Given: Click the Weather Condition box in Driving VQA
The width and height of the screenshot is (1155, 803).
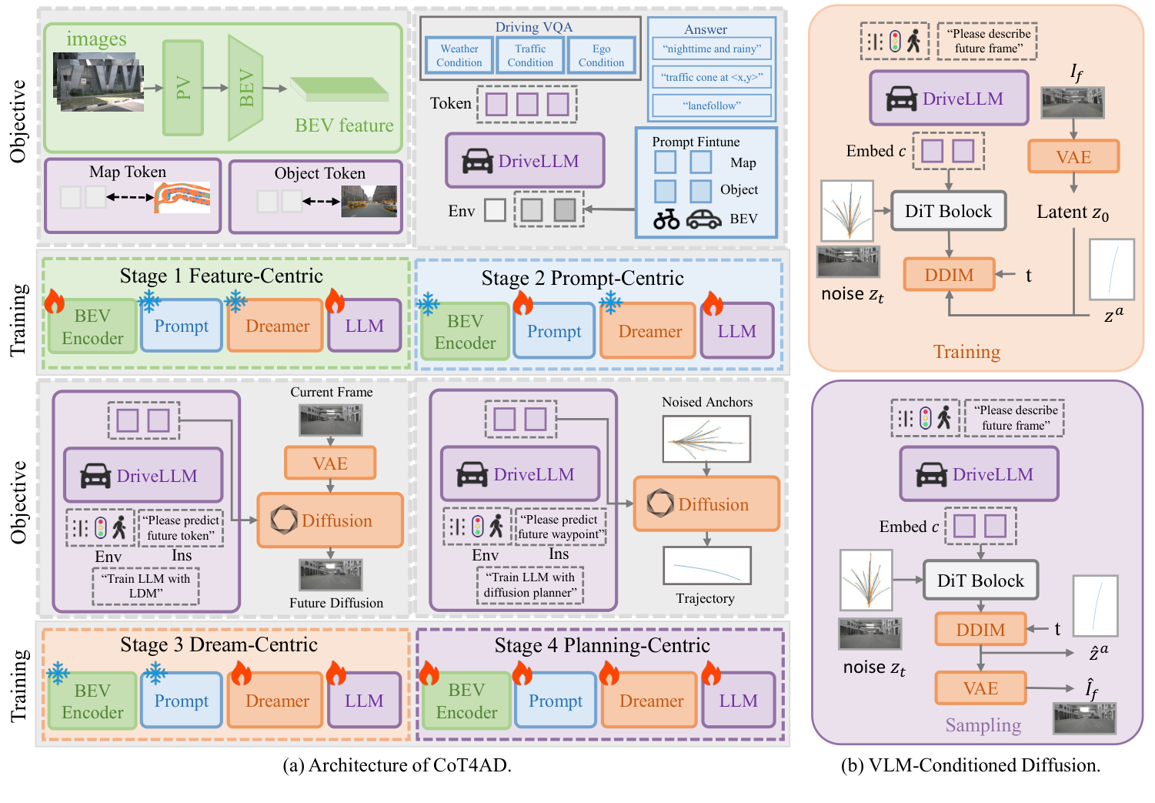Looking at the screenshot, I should click(459, 55).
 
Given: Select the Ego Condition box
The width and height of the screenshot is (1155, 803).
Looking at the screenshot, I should click(601, 55).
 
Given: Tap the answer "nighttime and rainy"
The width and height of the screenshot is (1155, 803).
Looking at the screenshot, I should click(711, 49).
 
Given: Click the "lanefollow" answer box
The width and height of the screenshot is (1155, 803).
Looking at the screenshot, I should click(711, 105).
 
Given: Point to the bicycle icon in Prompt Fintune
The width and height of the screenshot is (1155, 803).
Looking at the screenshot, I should click(666, 220).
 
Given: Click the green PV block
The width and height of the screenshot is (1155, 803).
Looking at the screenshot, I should click(183, 88).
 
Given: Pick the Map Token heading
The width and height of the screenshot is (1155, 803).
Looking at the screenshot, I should click(128, 172).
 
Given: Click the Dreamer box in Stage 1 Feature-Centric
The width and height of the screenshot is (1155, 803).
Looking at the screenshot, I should click(276, 326).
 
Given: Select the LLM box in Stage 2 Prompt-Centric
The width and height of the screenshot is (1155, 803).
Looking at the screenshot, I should click(736, 331).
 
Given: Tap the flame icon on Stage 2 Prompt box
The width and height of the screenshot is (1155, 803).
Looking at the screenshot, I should click(523, 303).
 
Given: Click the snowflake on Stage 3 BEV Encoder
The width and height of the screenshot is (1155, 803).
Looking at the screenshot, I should click(58, 674).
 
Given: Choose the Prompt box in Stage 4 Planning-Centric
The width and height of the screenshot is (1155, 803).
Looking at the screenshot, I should click(555, 701).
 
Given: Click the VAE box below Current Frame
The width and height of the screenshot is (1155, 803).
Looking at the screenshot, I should click(330, 463).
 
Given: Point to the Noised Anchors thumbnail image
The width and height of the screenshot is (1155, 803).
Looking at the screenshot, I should click(706, 439).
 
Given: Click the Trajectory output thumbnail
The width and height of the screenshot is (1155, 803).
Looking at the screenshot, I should click(706, 566).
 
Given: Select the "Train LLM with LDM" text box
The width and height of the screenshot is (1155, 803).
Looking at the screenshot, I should click(145, 586).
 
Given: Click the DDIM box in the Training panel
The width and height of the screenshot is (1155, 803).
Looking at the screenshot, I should click(949, 275).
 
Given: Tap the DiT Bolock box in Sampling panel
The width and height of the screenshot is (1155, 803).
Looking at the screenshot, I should click(980, 581).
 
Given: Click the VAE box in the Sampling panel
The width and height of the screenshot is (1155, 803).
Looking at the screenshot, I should click(980, 688).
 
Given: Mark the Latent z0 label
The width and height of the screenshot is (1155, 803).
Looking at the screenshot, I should click(1072, 212).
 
